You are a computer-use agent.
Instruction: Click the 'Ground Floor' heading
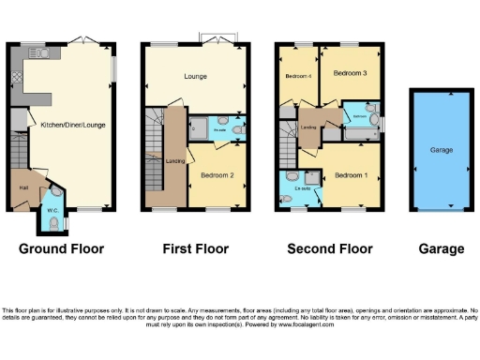point(61,248)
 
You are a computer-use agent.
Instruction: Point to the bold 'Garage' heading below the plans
point(441,248)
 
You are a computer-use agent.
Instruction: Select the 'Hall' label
point(22,187)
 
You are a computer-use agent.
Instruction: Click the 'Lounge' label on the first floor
point(195,76)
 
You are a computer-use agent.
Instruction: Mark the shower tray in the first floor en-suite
point(201,128)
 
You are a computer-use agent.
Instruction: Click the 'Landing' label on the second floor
point(308,126)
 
